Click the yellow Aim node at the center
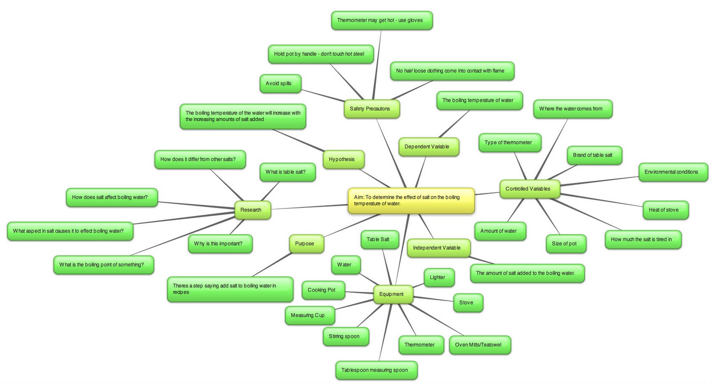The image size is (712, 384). tap(411, 200)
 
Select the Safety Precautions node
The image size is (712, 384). tap(372, 109)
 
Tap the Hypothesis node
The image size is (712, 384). tap(344, 159)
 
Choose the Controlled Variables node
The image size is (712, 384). tap(529, 189)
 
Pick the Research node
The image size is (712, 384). tap(252, 210)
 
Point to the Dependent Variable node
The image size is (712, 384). tap(428, 147)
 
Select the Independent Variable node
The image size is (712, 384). tap(438, 248)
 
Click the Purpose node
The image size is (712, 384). tap(306, 244)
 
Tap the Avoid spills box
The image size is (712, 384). tap(280, 83)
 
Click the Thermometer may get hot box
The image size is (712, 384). tap(381, 20)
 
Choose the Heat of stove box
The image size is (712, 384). tap(665, 210)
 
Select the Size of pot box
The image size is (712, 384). tap(565, 244)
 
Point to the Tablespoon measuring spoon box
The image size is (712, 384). tap(376, 370)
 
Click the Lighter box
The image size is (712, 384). tap(439, 278)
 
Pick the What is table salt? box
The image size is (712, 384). tap(287, 172)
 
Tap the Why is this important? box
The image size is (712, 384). tap(220, 244)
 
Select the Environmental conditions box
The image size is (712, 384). tap(672, 172)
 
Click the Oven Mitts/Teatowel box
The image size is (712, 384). tap(479, 345)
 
